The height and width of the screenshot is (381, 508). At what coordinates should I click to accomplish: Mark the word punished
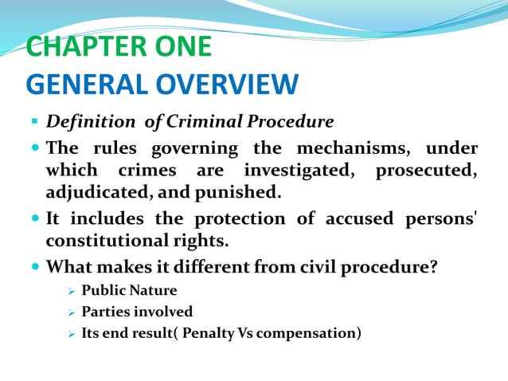pos(242,191)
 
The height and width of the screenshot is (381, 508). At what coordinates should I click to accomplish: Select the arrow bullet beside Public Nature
pos(71,290)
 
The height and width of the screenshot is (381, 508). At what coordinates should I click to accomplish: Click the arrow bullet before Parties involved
pos(71,312)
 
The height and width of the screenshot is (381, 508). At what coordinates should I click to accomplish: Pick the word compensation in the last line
pos(309,332)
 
